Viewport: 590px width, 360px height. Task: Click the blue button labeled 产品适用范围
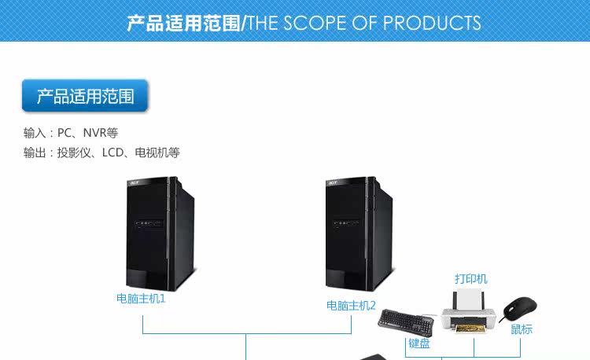[85, 97]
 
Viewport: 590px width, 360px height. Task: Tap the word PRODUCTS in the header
[432, 23]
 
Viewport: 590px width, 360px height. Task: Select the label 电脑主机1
[141, 299]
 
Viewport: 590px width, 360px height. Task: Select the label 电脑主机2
[351, 305]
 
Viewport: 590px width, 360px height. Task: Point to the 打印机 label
[470, 279]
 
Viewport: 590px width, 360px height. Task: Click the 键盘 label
[419, 343]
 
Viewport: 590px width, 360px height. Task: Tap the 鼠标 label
[522, 329]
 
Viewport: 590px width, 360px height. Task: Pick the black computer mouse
[520, 308]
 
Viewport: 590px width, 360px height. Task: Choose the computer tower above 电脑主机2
[360, 234]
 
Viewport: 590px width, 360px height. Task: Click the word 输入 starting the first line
[35, 133]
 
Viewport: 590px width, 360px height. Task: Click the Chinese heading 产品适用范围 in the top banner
[183, 23]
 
